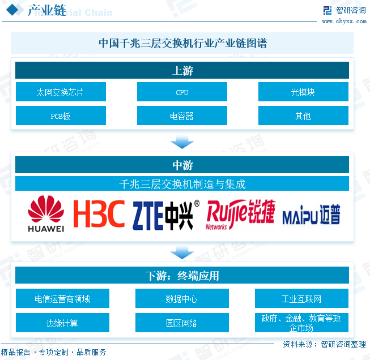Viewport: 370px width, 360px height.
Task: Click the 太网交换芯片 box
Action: [61, 92]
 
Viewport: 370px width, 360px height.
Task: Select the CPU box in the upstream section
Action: [182, 92]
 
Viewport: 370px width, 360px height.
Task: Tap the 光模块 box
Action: [303, 92]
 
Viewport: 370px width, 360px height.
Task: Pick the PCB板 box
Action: [61, 115]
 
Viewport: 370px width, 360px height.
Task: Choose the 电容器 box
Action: [182, 115]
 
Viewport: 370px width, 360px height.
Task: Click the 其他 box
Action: [303, 115]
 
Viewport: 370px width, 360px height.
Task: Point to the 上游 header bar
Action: [182, 71]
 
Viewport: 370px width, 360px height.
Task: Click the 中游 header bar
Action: [182, 165]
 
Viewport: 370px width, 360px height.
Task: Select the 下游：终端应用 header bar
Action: [182, 276]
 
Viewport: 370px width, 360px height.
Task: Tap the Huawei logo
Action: [46, 214]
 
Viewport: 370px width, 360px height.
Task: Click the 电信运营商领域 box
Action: [62, 298]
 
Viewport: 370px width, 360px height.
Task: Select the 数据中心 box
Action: [182, 298]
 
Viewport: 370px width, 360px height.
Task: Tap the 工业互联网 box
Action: [301, 298]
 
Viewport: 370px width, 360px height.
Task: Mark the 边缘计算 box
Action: [62, 323]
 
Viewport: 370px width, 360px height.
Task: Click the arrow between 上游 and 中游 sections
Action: [182, 142]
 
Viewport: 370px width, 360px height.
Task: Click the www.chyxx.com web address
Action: [345, 22]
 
